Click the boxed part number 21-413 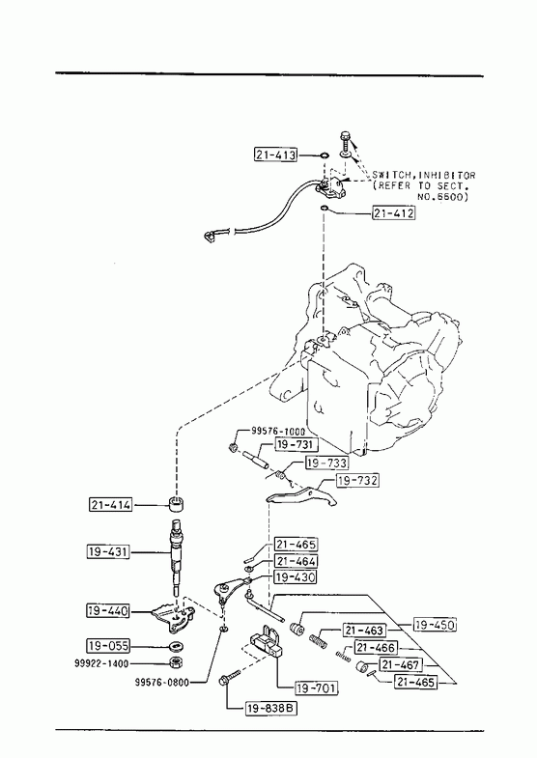[x=275, y=154]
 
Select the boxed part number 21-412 [x=393, y=212]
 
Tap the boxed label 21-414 [x=111, y=505]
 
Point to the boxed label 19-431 [x=109, y=551]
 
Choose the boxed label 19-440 [x=109, y=611]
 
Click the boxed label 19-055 [x=109, y=645]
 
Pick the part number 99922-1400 [x=101, y=663]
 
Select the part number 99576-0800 [x=162, y=682]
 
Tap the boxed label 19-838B [x=271, y=709]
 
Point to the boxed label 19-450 [x=435, y=625]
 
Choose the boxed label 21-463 [x=364, y=631]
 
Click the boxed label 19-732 [x=357, y=481]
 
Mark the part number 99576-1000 [x=278, y=432]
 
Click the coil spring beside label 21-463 [x=318, y=640]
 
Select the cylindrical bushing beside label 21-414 [x=177, y=503]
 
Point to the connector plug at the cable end [x=211, y=237]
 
